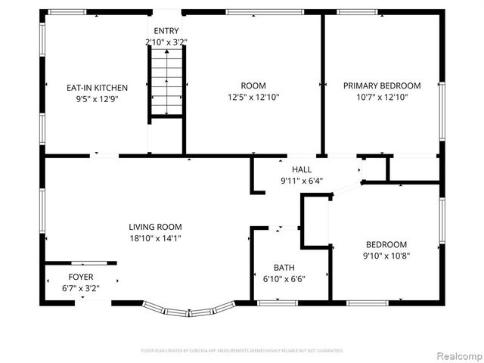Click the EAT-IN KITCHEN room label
click(97, 87)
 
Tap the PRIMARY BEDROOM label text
click(382, 86)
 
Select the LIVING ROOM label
click(155, 227)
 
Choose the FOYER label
click(81, 277)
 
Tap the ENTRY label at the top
click(166, 30)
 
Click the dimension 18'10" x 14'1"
click(155, 237)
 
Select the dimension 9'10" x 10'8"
click(386, 256)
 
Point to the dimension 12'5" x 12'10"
click(253, 97)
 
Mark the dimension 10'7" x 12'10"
click(382, 97)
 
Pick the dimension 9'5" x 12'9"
click(97, 98)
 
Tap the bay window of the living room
click(189, 310)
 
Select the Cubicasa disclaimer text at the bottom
click(242, 351)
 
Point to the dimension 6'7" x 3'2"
click(81, 287)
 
